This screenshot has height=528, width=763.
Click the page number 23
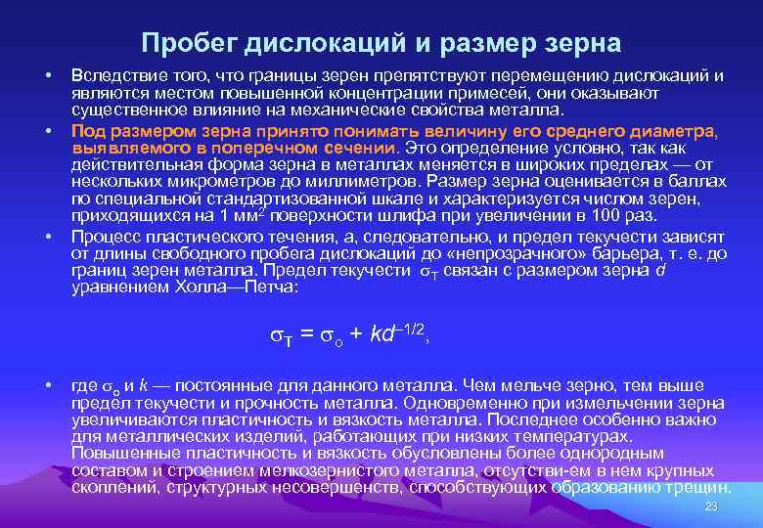[x=711, y=506]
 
